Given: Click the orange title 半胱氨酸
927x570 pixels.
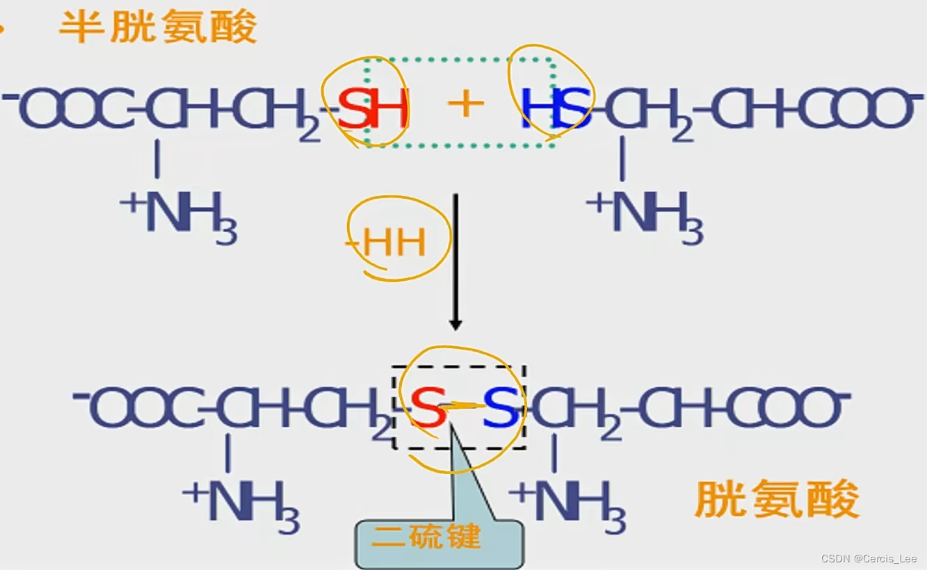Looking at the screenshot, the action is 158,28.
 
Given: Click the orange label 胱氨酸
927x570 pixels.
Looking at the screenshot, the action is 776,500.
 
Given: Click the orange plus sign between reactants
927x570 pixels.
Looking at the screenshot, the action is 465,105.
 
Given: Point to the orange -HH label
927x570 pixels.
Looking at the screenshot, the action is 389,243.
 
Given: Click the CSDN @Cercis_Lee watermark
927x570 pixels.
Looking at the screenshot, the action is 869,559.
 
